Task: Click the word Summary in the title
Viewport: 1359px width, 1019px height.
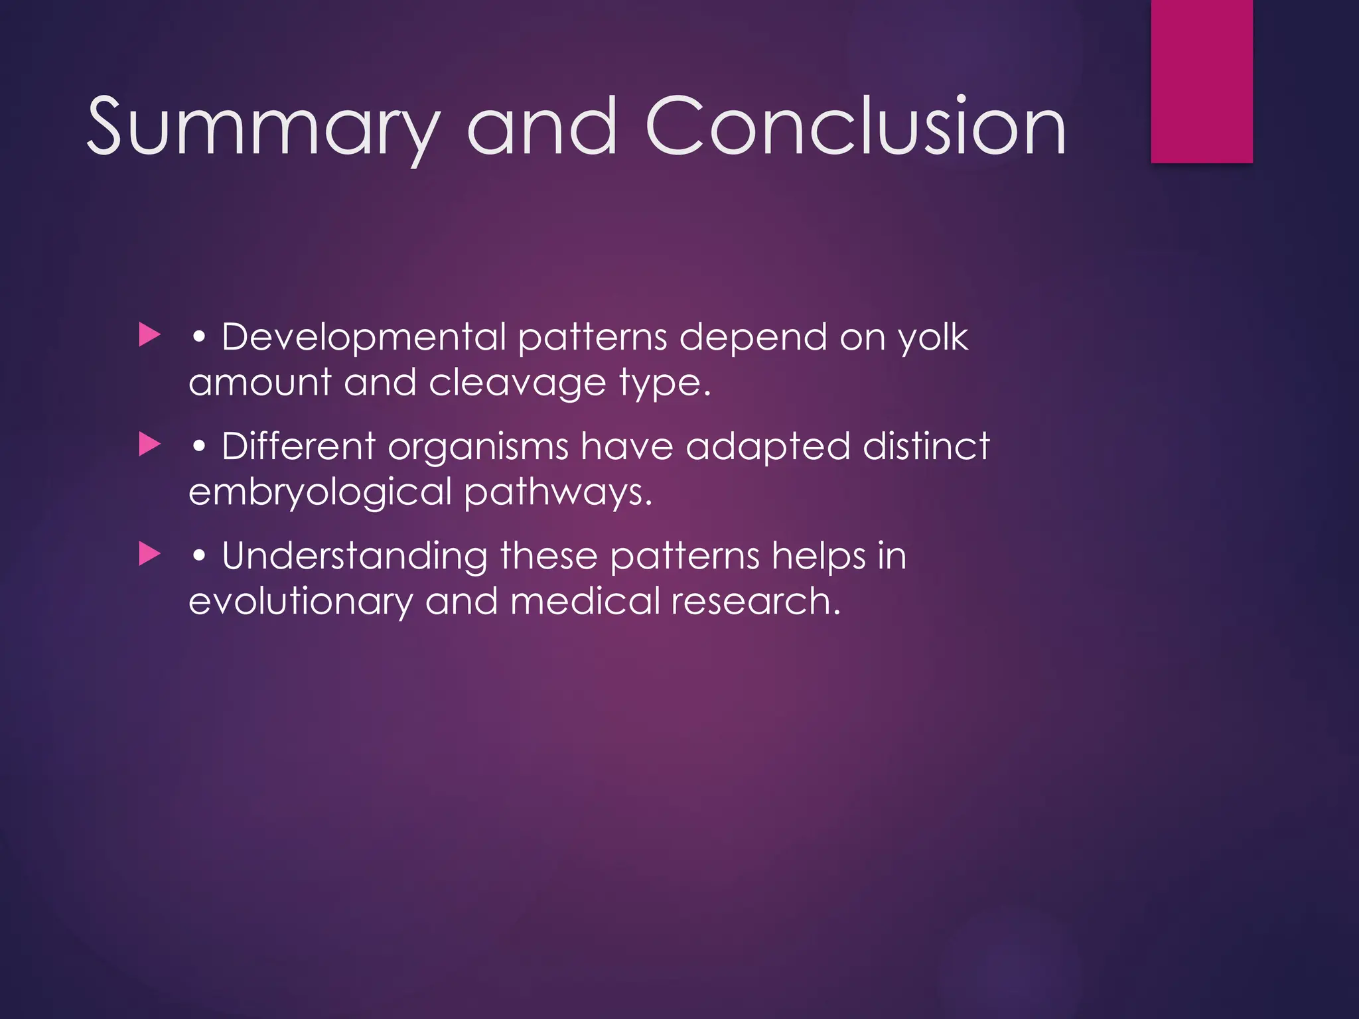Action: (263, 127)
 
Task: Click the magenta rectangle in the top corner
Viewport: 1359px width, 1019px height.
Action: (1202, 81)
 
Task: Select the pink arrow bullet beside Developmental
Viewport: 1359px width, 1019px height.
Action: (150, 335)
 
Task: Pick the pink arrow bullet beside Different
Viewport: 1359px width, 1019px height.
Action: (150, 444)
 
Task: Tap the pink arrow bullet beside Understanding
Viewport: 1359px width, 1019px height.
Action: (150, 554)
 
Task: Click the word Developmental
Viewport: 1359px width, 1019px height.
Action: (364, 337)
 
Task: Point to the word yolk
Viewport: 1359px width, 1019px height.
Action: (933, 337)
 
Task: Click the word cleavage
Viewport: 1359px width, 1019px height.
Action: (517, 383)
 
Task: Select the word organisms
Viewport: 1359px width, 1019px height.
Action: (478, 446)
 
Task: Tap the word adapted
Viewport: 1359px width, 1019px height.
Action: (768, 446)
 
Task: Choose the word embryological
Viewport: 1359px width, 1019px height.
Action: (320, 493)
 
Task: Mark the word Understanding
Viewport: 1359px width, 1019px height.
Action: (354, 556)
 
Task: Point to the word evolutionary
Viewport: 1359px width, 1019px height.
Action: (300, 602)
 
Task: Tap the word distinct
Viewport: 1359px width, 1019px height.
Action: (926, 446)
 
